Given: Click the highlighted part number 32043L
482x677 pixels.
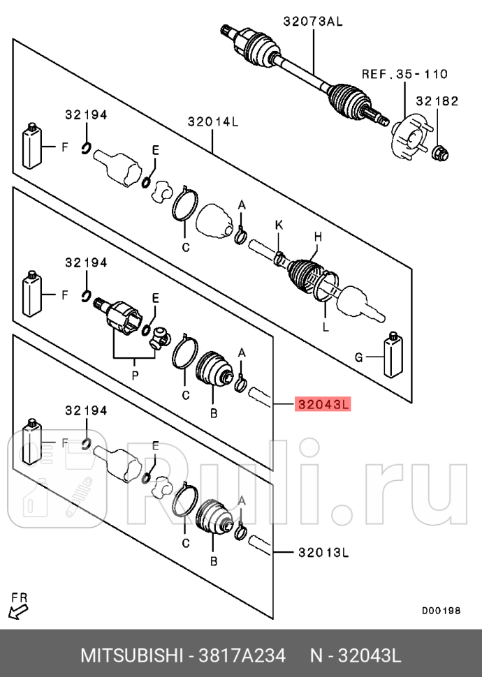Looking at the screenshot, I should point(322,404).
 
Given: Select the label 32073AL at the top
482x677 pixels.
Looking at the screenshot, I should point(313,21).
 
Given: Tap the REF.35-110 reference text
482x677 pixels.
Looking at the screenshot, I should point(404,74).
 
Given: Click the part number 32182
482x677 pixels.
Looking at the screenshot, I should point(437,101).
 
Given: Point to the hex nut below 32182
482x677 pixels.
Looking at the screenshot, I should point(440,151).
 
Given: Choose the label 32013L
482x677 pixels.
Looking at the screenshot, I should point(322,553).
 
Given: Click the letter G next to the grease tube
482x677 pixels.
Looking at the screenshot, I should point(359,358).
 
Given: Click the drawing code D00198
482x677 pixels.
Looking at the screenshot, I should point(441,611).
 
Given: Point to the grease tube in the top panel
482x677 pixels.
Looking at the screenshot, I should point(32,146).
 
